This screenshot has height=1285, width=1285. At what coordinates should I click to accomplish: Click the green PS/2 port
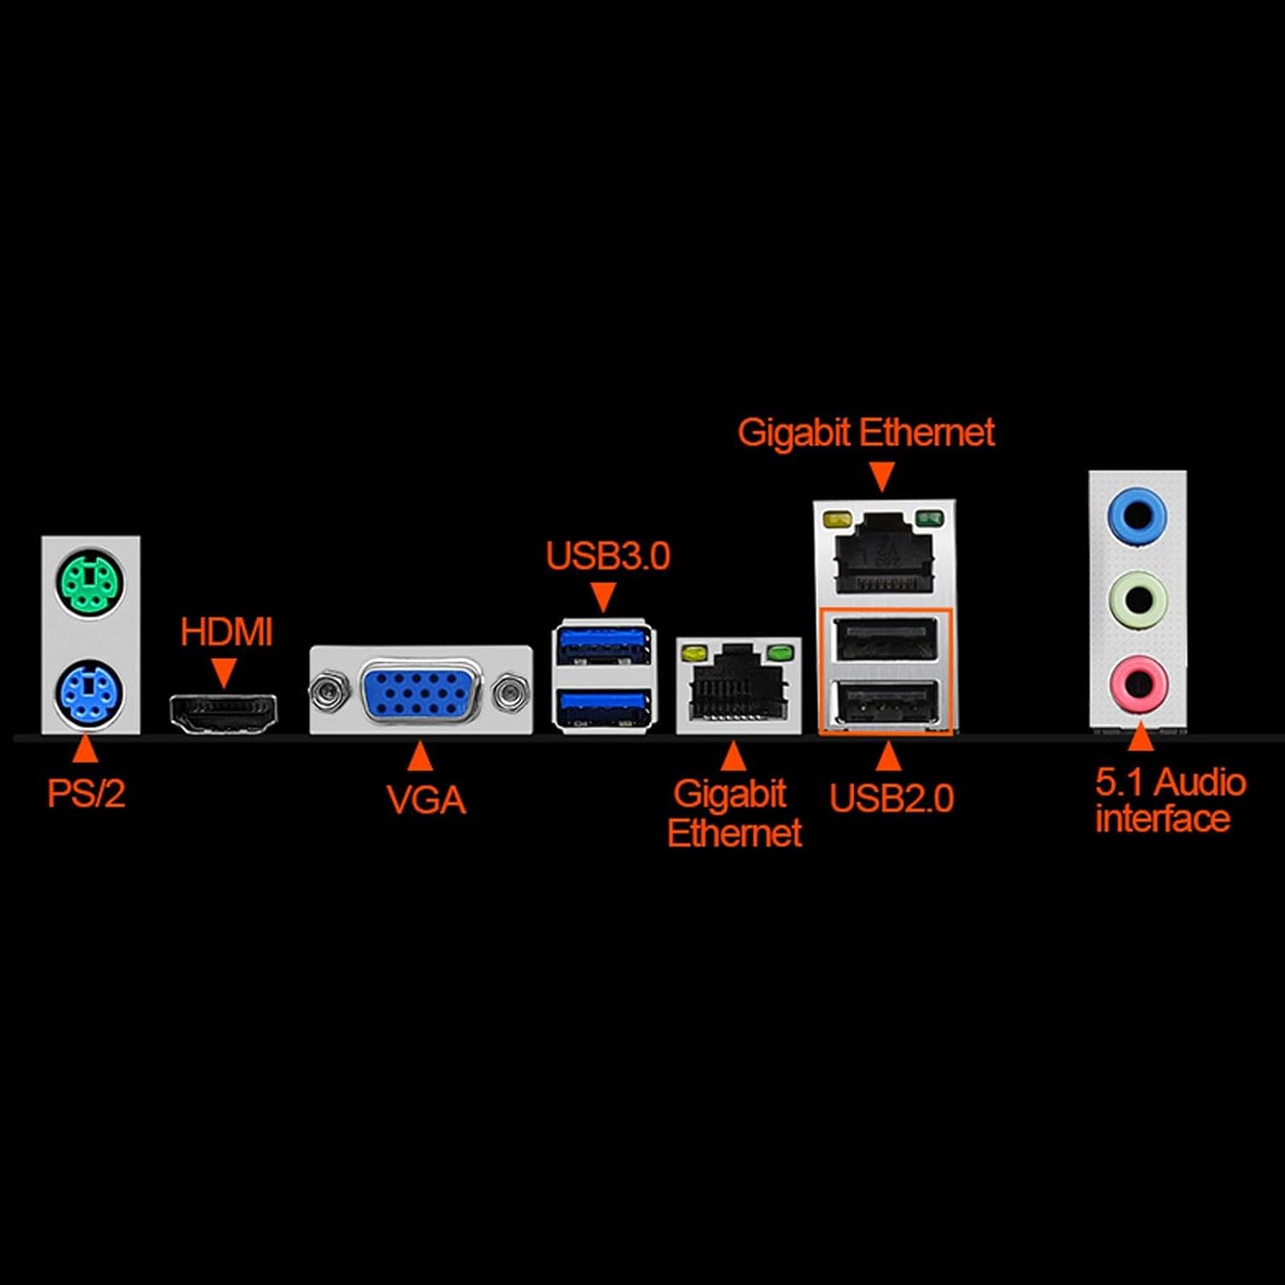tap(91, 584)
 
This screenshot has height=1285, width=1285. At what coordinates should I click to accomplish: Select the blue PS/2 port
tap(90, 694)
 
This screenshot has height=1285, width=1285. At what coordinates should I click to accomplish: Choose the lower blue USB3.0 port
tap(603, 707)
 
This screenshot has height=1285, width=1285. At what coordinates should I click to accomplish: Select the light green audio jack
tap(1138, 600)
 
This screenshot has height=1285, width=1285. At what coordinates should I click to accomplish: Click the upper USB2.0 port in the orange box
tap(886, 639)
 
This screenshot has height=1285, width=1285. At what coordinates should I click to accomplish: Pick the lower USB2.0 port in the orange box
tap(886, 703)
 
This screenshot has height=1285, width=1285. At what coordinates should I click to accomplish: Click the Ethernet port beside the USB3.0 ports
tap(738, 685)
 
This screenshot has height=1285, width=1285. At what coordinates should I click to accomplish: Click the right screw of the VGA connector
tap(511, 690)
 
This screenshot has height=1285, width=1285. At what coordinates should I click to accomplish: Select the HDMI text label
tap(226, 632)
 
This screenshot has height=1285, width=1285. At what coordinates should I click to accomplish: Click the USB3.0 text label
tap(607, 556)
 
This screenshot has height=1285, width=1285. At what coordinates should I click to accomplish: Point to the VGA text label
tap(426, 800)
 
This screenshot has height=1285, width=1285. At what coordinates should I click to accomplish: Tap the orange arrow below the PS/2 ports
tap(85, 750)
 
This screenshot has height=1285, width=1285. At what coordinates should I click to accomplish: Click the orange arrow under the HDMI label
tap(224, 672)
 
